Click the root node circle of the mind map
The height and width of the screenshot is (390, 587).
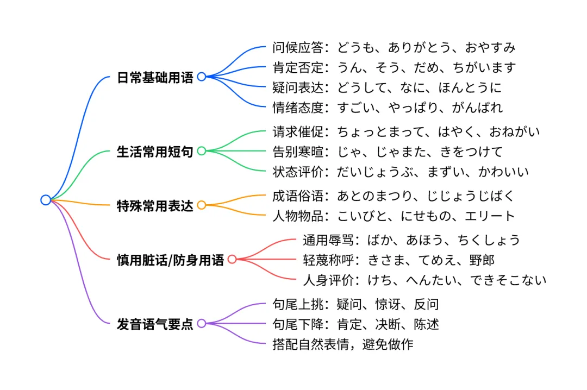tap(46, 200)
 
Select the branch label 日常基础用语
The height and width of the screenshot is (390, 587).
tap(155, 77)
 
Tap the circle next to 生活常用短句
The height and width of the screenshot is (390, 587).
tap(202, 151)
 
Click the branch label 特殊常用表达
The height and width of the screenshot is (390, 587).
tap(155, 206)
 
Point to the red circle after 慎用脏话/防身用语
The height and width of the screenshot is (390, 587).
tap(232, 259)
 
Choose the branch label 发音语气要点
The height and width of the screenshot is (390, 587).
tap(155, 324)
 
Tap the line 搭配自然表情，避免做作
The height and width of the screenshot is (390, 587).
tap(342, 344)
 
